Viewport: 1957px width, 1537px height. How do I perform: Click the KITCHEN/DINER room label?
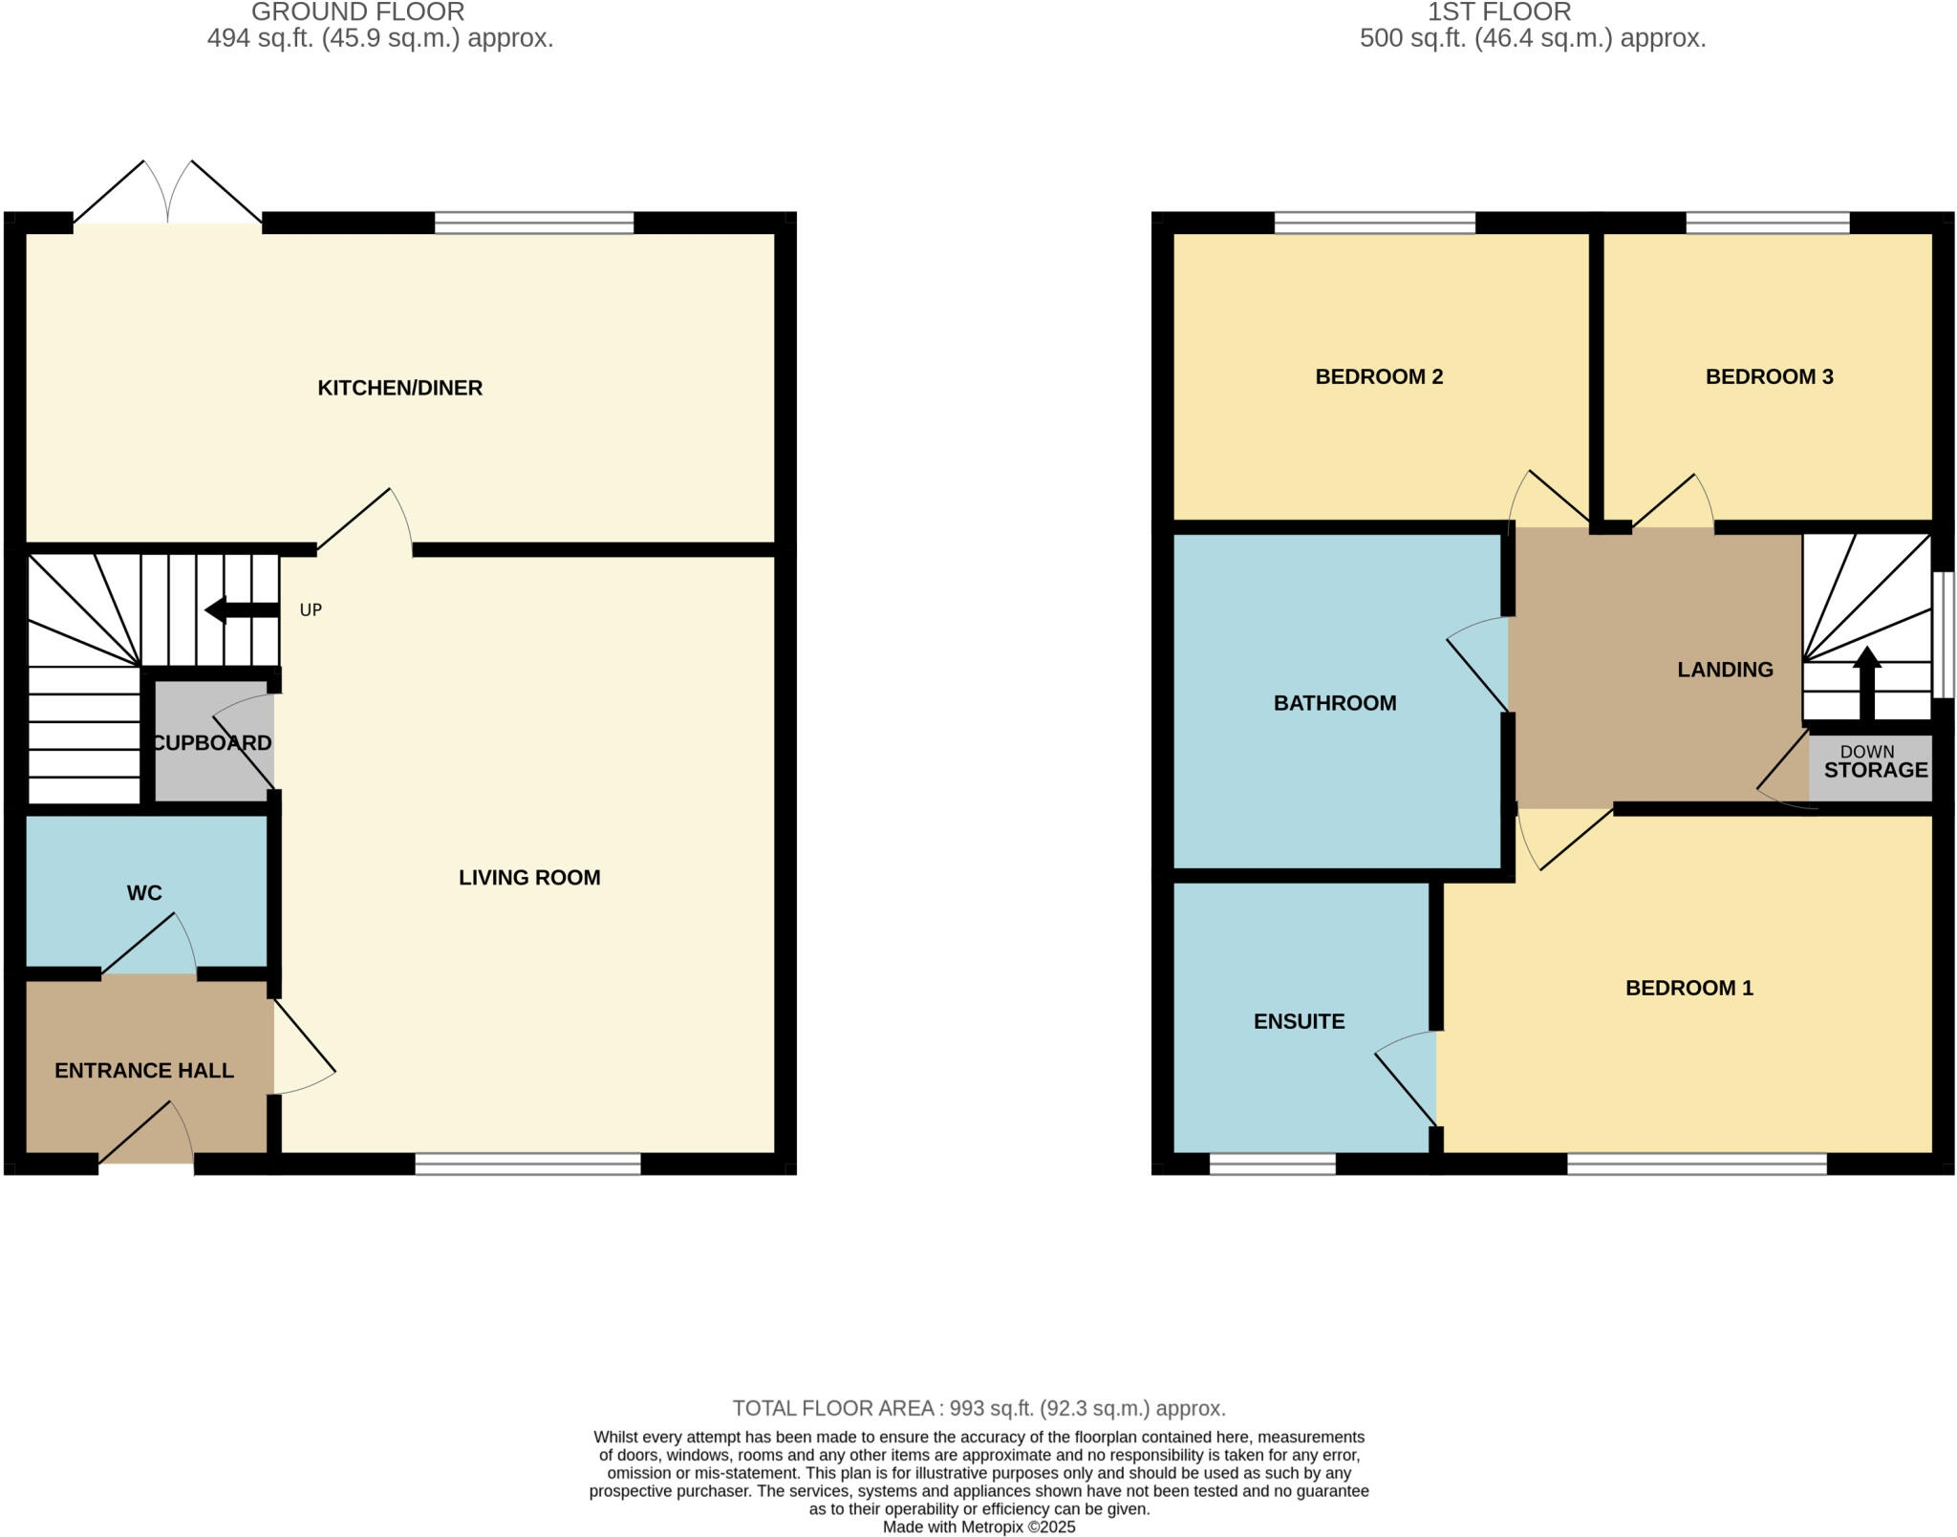(399, 388)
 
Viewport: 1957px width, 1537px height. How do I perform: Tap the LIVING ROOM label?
(529, 877)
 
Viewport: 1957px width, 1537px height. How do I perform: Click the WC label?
(144, 892)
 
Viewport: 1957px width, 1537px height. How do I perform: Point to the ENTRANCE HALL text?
(144, 1070)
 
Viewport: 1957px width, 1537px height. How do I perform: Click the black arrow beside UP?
(241, 609)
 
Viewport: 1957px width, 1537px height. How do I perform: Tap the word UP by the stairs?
(311, 609)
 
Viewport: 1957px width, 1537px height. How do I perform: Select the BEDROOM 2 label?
(1379, 376)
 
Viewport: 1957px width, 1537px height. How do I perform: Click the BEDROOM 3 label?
(1769, 376)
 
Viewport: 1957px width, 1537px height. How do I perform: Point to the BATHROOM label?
(1335, 703)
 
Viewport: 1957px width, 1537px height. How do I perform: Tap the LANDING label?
(1725, 670)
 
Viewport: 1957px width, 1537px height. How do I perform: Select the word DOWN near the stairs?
(1866, 752)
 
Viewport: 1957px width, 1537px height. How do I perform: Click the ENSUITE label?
(1299, 1021)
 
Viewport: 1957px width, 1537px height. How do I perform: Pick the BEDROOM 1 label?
(1688, 988)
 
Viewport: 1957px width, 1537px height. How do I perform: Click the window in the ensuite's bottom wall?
(1272, 1163)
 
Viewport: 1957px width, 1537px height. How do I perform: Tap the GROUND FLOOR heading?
(357, 12)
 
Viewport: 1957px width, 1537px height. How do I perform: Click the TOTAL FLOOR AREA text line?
(978, 1408)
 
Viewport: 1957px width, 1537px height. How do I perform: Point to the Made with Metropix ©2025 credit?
(978, 1526)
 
